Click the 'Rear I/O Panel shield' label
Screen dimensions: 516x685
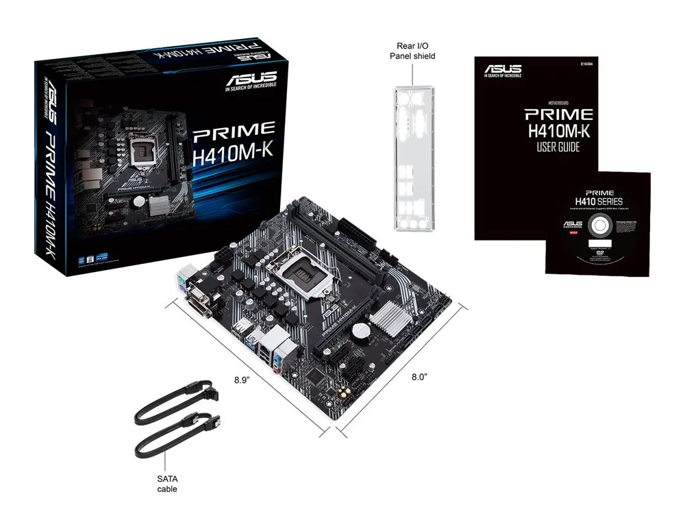click(x=412, y=51)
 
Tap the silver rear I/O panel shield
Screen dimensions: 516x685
click(x=413, y=158)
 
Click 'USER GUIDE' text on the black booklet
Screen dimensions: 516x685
click(x=559, y=147)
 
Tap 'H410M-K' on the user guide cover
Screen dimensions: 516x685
click(x=558, y=130)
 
